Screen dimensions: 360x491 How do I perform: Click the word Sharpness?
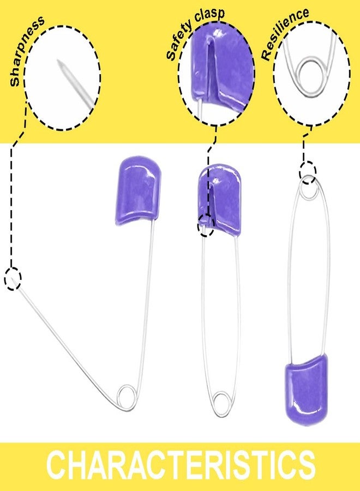[27, 51]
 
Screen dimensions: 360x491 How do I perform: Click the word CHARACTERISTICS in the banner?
[181, 466]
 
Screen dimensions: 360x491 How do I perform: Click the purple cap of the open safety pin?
[138, 191]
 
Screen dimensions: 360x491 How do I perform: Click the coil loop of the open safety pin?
[127, 397]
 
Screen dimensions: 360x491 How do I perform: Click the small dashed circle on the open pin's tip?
[13, 278]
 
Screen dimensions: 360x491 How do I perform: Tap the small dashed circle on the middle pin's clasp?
[206, 225]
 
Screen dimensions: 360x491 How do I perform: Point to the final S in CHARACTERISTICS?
[304, 466]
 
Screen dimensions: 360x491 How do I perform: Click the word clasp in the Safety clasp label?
[210, 19]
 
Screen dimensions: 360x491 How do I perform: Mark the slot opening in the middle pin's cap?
[211, 200]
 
